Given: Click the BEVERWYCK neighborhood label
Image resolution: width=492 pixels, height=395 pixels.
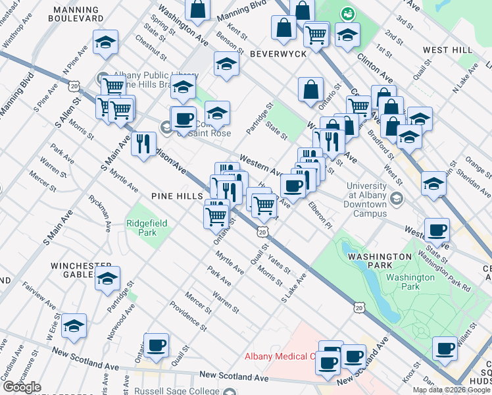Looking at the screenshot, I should [276, 53].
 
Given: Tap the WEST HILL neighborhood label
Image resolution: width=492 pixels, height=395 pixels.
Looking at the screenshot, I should [447, 50].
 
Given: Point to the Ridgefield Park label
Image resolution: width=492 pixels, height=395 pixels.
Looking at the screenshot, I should [147, 228].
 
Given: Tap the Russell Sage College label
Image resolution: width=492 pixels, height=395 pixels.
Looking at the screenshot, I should [180, 391].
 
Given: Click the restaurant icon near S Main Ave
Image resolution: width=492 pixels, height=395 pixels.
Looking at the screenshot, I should [143, 143].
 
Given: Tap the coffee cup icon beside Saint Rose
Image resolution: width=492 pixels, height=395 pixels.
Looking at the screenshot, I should [184, 119].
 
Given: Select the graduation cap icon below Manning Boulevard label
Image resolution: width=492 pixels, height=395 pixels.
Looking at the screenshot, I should [105, 42].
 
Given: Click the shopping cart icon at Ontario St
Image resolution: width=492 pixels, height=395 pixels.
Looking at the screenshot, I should [216, 215].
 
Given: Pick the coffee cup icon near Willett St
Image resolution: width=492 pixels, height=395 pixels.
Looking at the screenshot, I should [445, 348].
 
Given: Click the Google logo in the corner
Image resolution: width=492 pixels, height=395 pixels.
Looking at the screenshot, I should [22, 387].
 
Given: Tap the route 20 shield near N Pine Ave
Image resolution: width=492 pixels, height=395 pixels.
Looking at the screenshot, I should [74, 86].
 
